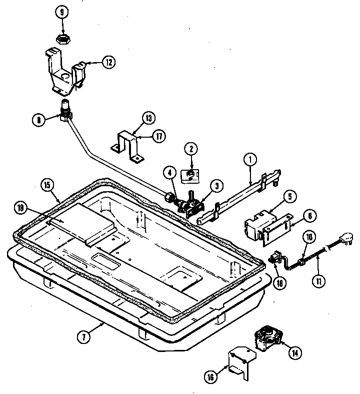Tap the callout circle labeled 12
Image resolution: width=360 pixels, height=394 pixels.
coord(108,63)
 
